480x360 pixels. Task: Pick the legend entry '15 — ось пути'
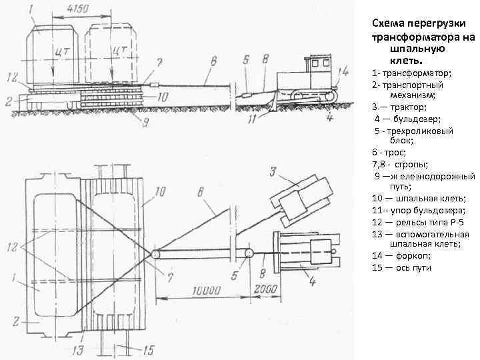[x=402, y=267]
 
